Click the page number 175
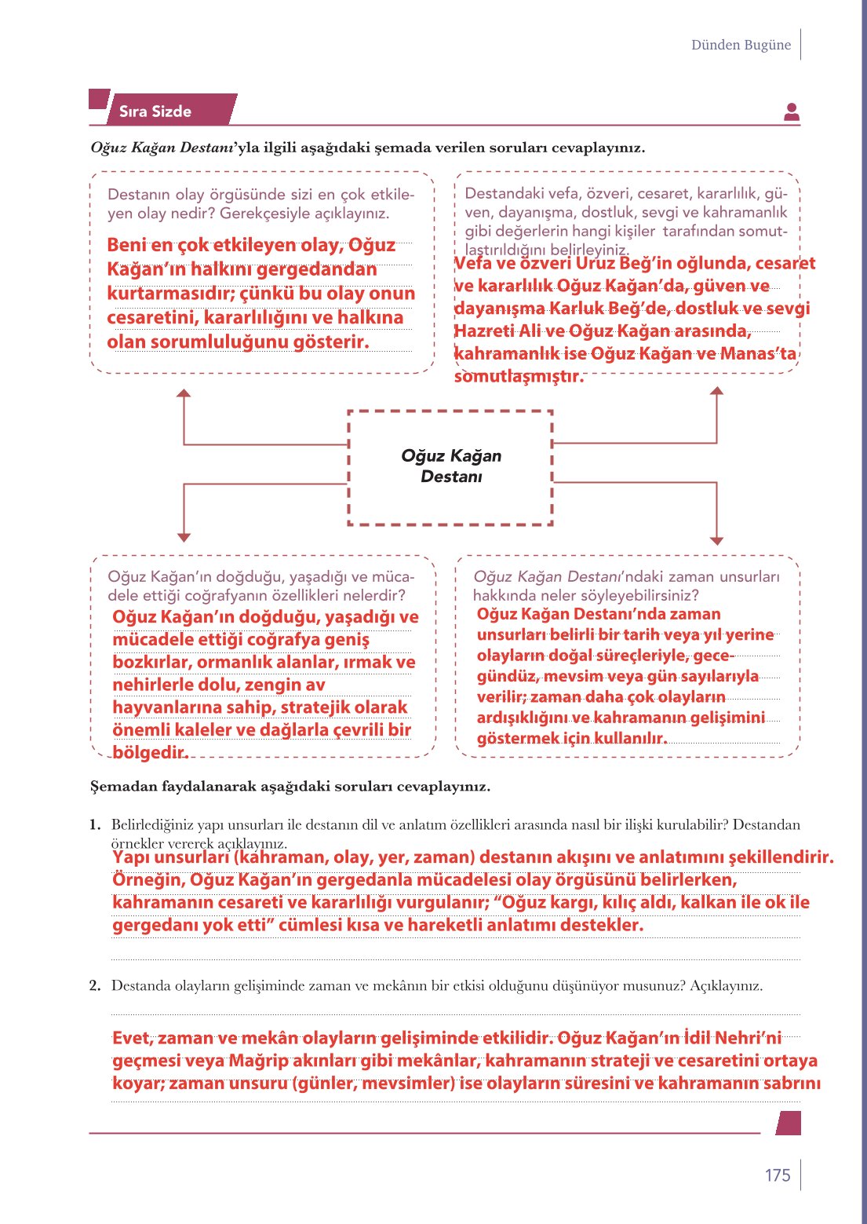point(777,1175)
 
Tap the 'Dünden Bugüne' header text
point(741,45)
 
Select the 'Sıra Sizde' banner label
point(155,111)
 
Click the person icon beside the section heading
point(791,112)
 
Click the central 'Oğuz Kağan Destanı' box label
point(450,466)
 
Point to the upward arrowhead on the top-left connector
point(184,393)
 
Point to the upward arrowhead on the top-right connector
point(716,391)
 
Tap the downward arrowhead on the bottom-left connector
point(184,538)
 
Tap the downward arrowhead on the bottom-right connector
point(716,540)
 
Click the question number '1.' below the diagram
point(95,824)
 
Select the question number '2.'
point(95,985)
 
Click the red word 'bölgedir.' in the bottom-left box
point(150,752)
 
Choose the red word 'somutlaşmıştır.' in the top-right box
point(519,376)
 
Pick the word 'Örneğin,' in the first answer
point(148,879)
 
